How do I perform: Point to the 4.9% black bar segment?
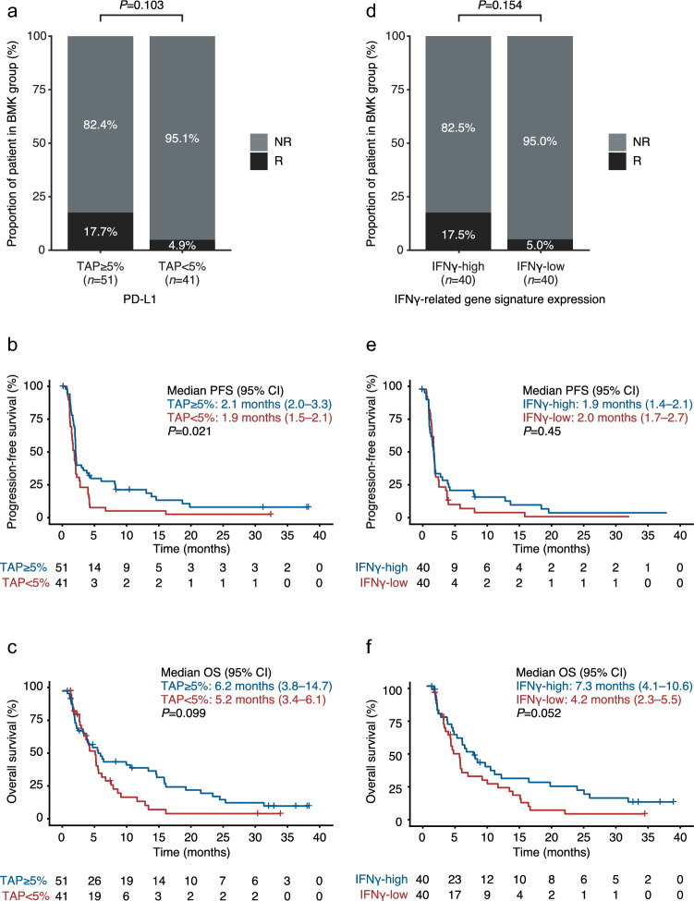(x=181, y=245)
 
